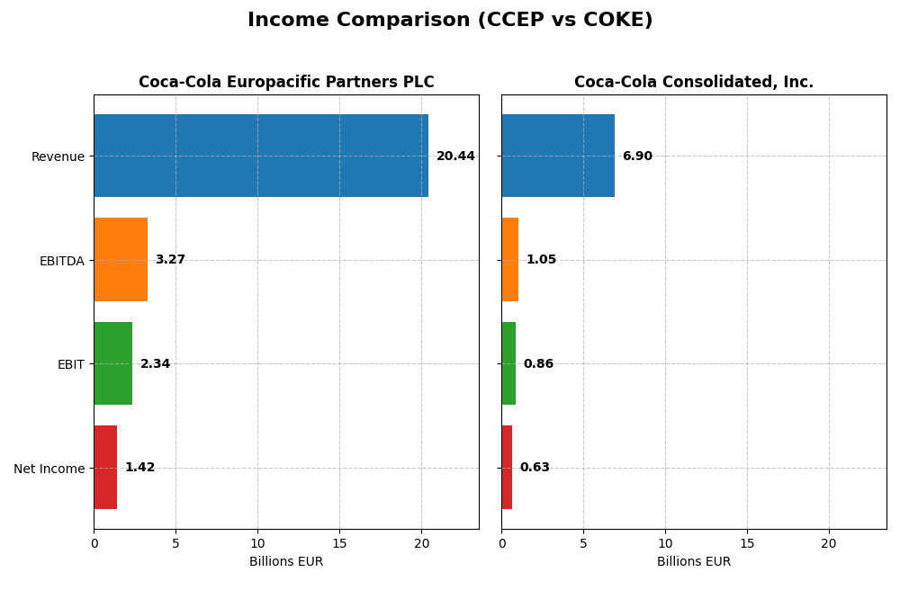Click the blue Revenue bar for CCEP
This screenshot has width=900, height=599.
click(x=261, y=156)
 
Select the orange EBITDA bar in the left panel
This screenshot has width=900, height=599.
click(x=121, y=260)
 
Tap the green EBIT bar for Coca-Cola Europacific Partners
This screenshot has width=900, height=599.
click(x=113, y=363)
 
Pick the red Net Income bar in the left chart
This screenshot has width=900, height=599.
click(x=105, y=468)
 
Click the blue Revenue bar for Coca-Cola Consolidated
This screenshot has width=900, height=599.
click(x=558, y=156)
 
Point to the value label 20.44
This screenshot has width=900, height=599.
click(x=455, y=156)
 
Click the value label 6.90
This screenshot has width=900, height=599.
click(x=637, y=156)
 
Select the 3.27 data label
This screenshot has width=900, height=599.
click(x=170, y=260)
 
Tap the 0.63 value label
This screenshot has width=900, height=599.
click(x=535, y=468)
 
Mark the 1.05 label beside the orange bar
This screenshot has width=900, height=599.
click(x=541, y=260)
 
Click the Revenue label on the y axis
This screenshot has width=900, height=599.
click(x=58, y=156)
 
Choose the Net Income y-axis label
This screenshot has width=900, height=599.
click(x=49, y=469)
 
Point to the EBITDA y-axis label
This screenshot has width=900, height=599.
click(x=61, y=261)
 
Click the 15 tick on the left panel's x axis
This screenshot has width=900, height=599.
click(x=339, y=543)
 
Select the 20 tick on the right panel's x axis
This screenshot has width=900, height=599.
click(x=829, y=543)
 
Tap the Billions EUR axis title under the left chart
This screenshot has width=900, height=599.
click(x=286, y=562)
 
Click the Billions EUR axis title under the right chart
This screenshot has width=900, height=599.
click(x=694, y=562)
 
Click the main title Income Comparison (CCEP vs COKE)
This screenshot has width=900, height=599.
click(x=450, y=20)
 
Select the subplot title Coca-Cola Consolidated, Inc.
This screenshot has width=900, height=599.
click(x=694, y=83)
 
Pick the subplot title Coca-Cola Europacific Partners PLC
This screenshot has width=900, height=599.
click(x=286, y=83)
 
